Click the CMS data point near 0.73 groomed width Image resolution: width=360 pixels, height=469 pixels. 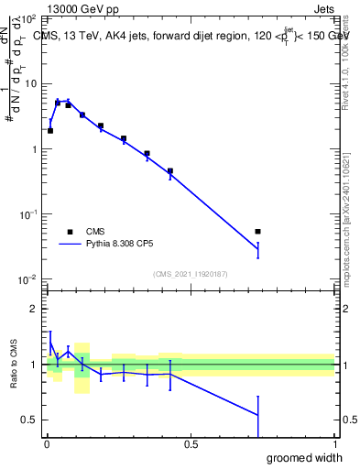click(x=257, y=232)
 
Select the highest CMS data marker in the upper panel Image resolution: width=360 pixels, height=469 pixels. click(x=58, y=103)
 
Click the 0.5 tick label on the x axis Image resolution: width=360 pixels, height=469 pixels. click(x=191, y=444)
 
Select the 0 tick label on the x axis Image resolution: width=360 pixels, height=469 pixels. click(x=46, y=444)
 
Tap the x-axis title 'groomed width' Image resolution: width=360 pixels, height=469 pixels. click(x=305, y=457)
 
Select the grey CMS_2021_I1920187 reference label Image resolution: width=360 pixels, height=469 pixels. click(x=191, y=274)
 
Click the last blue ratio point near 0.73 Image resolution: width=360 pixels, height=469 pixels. click(x=257, y=415)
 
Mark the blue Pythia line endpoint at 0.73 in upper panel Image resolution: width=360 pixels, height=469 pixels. click(x=257, y=249)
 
